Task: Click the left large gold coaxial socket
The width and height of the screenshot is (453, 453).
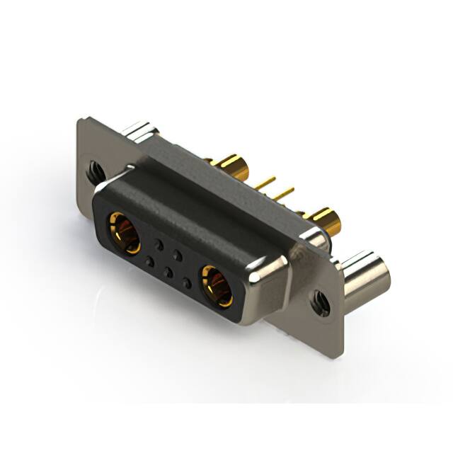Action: coord(123,232)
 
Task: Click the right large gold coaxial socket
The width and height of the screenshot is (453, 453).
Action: coord(216,285)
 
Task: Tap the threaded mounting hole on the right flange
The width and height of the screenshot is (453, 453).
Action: coord(320,304)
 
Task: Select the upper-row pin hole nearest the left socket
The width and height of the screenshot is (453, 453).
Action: coord(159,244)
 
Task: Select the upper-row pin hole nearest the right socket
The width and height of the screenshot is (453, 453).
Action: coord(178,253)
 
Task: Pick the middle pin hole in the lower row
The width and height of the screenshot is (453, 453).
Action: coord(167,272)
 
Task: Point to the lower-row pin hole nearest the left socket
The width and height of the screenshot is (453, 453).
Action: coord(149,262)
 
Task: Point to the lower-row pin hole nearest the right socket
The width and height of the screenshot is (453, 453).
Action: coord(186,282)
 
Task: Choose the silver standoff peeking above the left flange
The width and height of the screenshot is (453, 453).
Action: coord(139,130)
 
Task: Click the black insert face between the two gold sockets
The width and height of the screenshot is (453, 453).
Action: coord(170,258)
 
